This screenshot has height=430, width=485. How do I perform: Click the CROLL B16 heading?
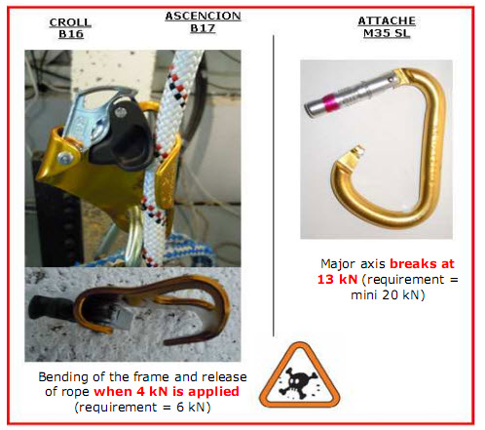point(70,28)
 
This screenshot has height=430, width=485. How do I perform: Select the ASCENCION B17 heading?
point(203,21)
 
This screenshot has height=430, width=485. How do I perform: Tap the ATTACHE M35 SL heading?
point(387,26)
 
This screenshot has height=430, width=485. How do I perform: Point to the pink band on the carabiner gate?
point(329,102)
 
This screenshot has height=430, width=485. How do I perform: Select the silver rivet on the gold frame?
point(64,158)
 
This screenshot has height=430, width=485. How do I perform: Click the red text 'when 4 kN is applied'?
point(167,391)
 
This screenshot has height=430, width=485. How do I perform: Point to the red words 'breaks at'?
point(422,263)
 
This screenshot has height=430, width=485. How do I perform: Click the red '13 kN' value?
point(337,279)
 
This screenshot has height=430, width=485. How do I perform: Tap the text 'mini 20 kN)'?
point(388,295)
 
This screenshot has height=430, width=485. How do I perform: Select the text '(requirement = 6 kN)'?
point(143,407)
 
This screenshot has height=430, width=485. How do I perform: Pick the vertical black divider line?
point(274,185)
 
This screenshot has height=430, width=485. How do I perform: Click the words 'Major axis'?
point(353,264)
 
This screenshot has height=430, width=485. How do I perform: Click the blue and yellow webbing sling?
point(188,251)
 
